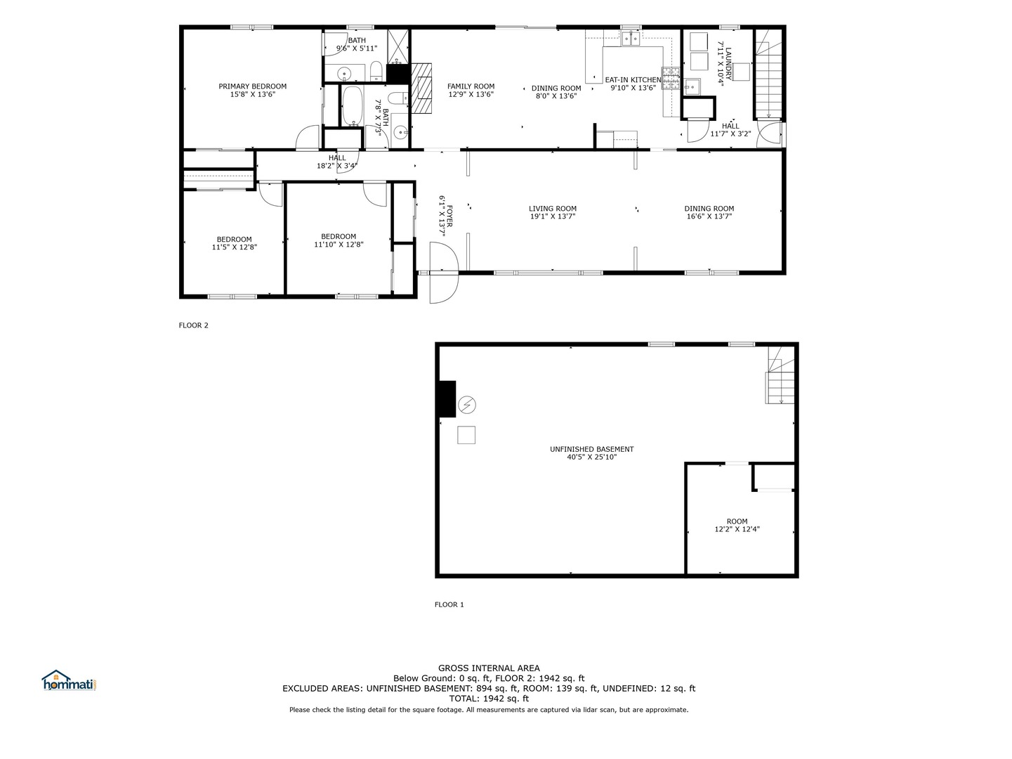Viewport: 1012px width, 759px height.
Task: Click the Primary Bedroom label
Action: tap(252, 86)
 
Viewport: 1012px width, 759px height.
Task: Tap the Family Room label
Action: tap(471, 86)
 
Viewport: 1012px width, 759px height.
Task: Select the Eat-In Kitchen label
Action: tap(633, 80)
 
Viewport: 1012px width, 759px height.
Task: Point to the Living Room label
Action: tap(552, 209)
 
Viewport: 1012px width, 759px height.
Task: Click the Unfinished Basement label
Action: tap(591, 449)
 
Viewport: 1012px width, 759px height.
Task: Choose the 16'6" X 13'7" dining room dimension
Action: tap(709, 216)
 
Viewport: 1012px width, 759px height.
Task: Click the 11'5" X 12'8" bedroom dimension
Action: tap(234, 247)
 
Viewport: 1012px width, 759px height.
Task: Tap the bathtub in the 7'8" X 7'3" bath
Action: tap(354, 105)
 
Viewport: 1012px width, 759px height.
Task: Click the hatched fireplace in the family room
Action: tap(422, 88)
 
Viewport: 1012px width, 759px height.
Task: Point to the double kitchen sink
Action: tap(630, 39)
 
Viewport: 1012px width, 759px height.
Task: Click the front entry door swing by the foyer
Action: tap(444, 273)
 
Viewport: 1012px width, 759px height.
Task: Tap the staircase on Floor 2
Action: tap(768, 79)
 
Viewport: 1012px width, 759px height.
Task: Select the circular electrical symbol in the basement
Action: tap(466, 405)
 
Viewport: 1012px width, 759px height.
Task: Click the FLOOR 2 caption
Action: tap(193, 325)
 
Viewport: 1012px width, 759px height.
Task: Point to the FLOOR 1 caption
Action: tap(449, 604)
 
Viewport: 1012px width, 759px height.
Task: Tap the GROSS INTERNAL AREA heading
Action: tap(489, 668)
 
